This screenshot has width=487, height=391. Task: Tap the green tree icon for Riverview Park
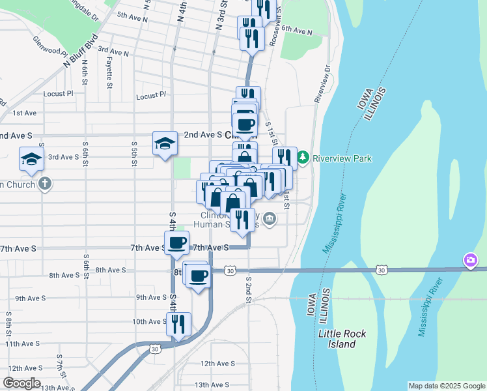tap(303, 157)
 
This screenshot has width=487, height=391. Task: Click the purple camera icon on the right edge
tap(470, 261)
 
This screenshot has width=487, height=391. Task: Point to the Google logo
tap(21, 383)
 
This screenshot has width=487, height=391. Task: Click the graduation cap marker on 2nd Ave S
tap(165, 143)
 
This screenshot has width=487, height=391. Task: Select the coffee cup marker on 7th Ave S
tap(176, 244)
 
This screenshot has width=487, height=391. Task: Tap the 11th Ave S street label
tap(22, 343)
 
